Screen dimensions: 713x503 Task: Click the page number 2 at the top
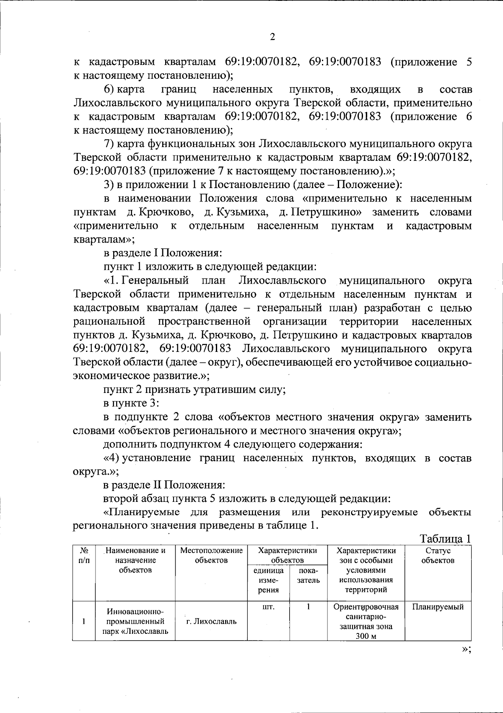[272, 37]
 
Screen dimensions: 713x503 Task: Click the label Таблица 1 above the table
[445, 539]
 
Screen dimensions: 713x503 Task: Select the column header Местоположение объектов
[211, 555]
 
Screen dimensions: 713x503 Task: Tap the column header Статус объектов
[438, 555]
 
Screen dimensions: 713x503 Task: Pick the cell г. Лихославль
[211, 621]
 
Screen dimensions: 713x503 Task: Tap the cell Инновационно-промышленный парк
[135, 621]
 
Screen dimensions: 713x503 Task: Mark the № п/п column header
[84, 555]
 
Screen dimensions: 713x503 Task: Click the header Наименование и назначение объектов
[135, 560]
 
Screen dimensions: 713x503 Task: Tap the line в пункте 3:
[131, 403]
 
